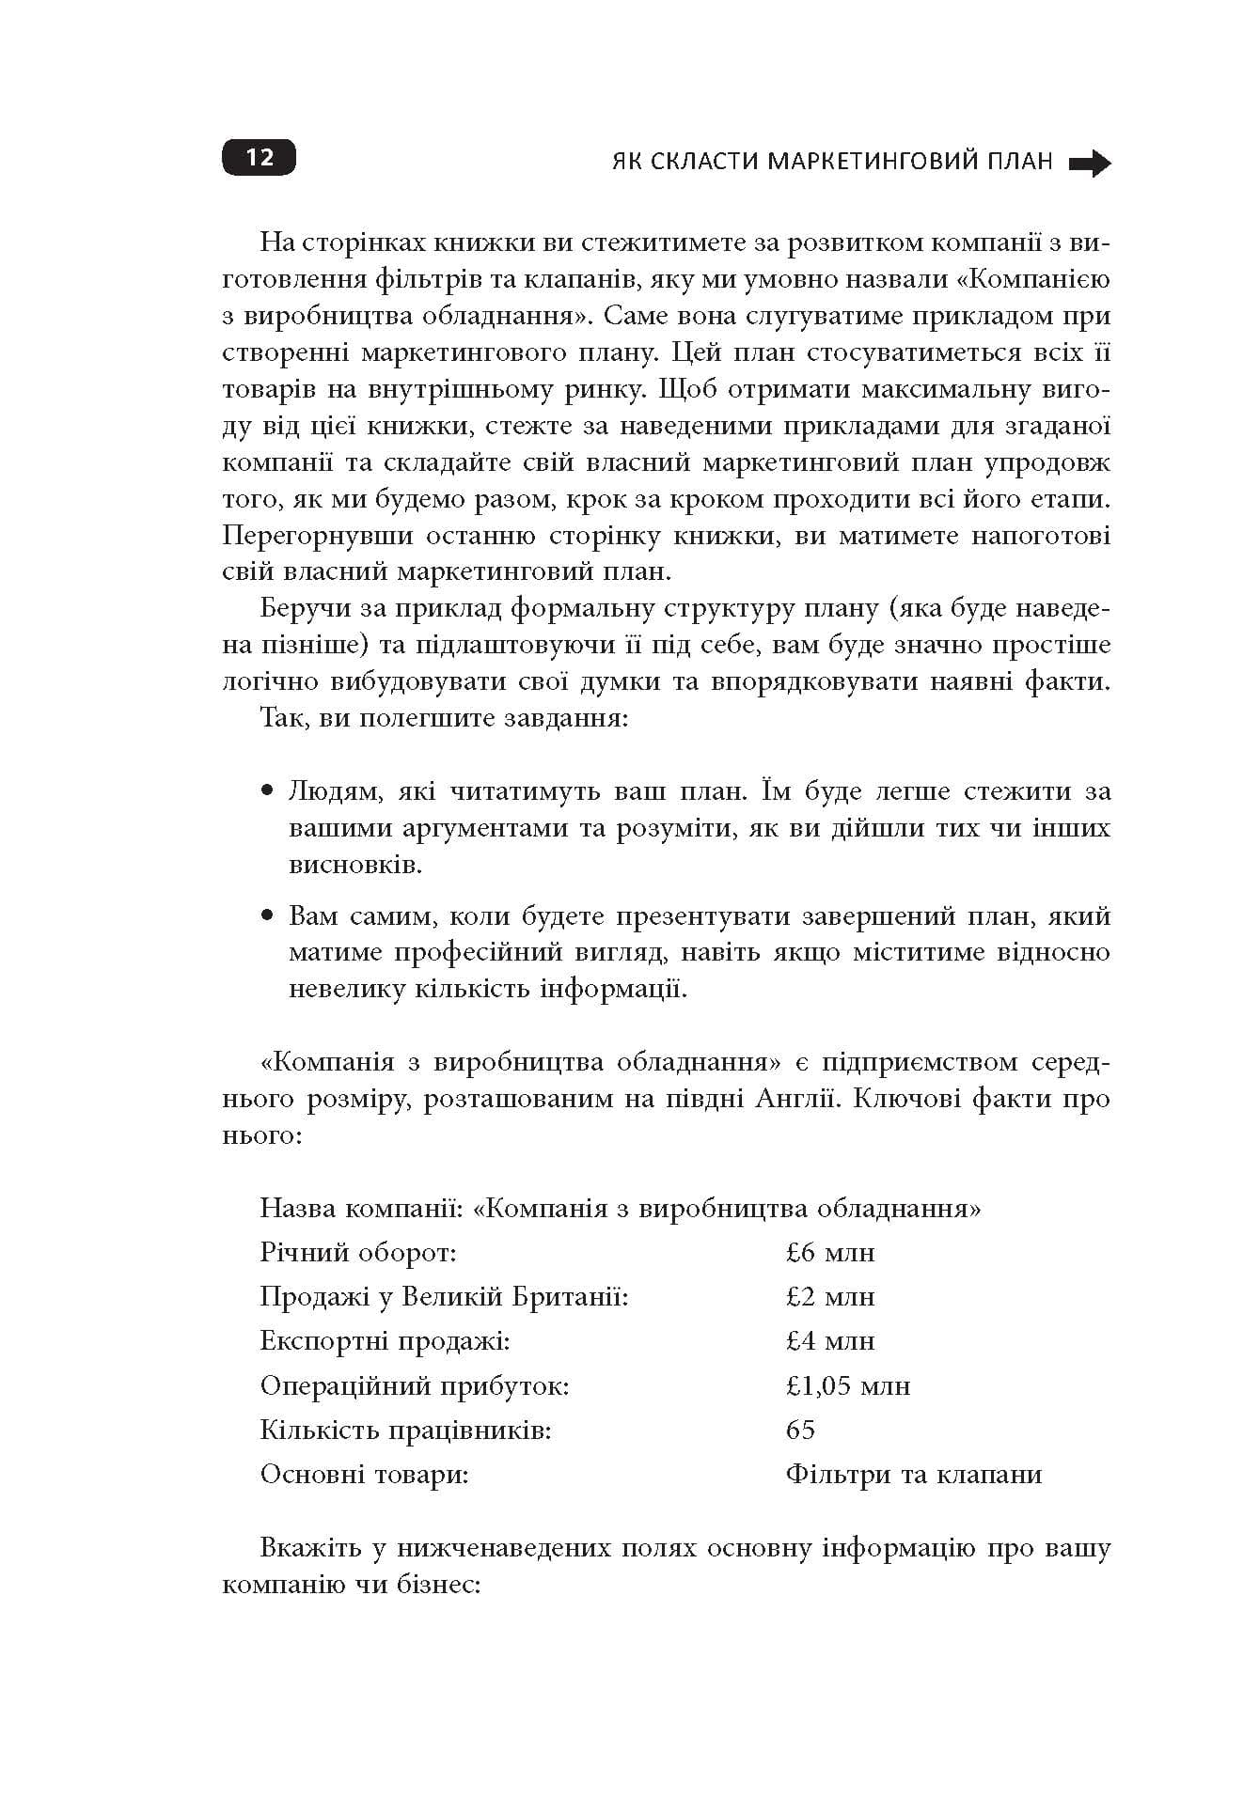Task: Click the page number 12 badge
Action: point(259,157)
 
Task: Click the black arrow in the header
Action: point(1090,164)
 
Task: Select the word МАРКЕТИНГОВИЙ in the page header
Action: point(910,162)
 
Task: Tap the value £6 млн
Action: point(829,1253)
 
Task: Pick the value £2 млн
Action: point(829,1297)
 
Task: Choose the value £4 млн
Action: point(829,1341)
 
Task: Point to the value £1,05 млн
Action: point(847,1386)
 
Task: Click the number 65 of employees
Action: point(800,1430)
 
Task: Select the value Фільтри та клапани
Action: point(913,1475)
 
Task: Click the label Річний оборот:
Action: point(357,1253)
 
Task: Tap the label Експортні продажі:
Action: point(385,1341)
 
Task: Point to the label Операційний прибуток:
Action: point(414,1386)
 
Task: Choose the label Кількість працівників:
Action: point(405,1431)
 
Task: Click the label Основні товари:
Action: point(364,1475)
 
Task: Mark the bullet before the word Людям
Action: point(268,790)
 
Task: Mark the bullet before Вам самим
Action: point(268,915)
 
